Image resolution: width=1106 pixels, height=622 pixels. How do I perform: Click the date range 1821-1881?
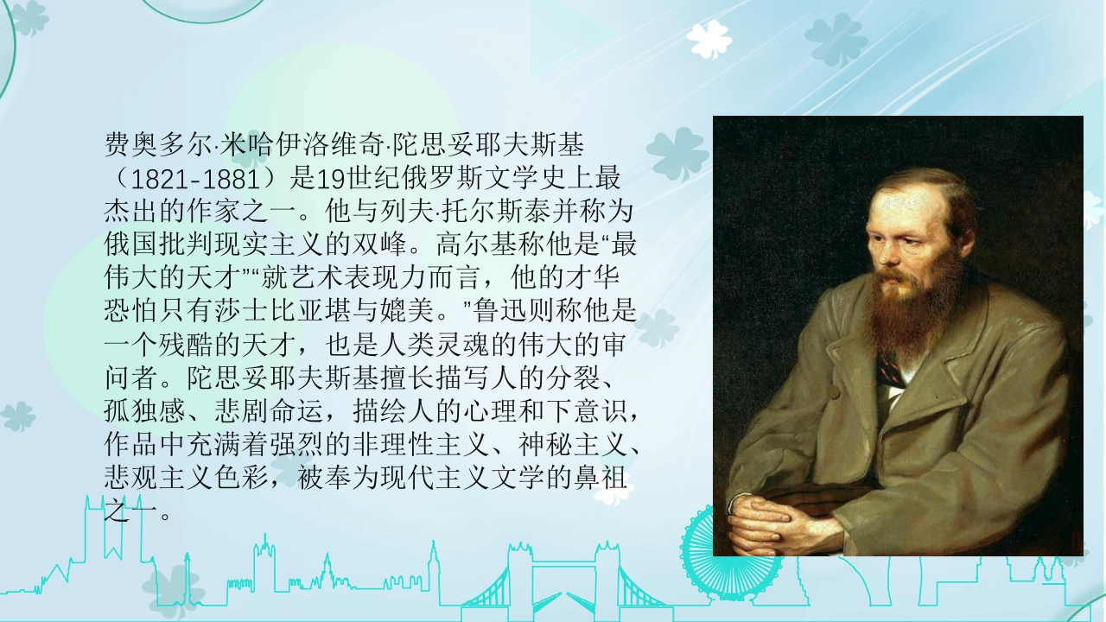196,179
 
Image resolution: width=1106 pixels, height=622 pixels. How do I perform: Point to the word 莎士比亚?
269,310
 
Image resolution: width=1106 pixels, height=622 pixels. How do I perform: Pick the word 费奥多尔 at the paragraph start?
158,144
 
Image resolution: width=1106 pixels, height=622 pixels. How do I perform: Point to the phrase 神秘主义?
573,444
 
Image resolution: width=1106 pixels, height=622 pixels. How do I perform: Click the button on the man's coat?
834,393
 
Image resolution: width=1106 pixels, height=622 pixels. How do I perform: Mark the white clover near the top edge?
709,39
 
